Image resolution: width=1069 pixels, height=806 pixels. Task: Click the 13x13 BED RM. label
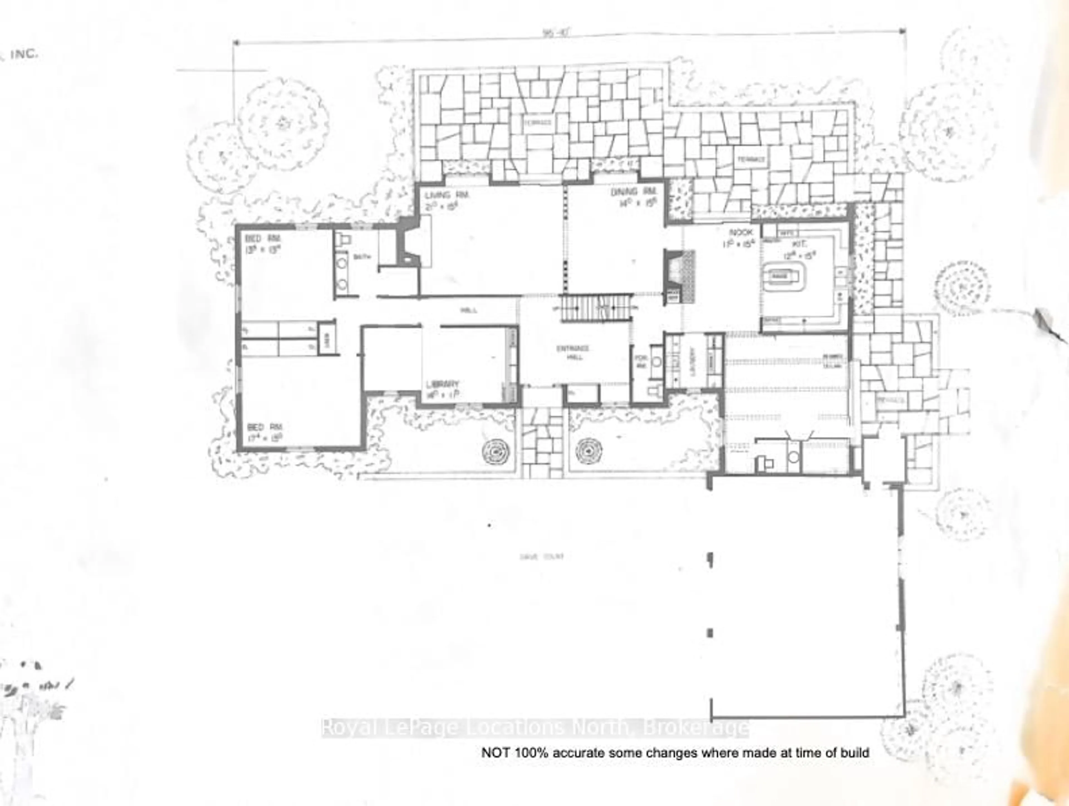coord(263,239)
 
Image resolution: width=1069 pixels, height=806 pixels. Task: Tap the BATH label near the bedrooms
coord(362,258)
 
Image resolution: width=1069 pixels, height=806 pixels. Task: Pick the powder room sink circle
coord(656,361)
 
